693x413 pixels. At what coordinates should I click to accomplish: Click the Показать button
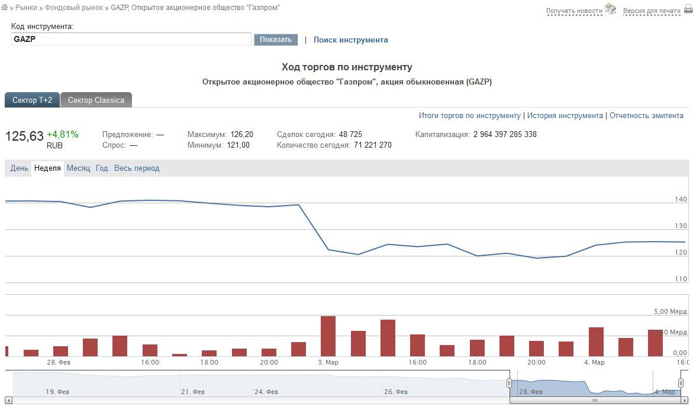[x=276, y=40]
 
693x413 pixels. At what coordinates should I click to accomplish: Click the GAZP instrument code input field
[x=131, y=40]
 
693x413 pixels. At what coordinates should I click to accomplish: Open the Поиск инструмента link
[x=350, y=40]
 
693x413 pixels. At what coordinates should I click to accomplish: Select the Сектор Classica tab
[x=96, y=100]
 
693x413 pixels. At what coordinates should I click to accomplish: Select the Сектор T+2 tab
[x=32, y=100]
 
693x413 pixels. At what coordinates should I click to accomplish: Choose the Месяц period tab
[x=78, y=168]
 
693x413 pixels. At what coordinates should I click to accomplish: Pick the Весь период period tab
[x=137, y=168]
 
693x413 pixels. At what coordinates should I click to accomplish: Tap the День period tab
[x=19, y=168]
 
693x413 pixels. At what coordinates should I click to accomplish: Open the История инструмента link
[x=565, y=116]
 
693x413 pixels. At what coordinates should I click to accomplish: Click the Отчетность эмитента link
[x=646, y=116]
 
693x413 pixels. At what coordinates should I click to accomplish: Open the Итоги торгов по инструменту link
[x=469, y=116]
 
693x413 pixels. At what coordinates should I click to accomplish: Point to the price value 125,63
[x=24, y=136]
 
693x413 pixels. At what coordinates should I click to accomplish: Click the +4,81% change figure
[x=63, y=134]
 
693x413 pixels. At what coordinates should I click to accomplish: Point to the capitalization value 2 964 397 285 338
[x=505, y=135]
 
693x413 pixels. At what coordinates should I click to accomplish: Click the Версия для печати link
[x=652, y=11]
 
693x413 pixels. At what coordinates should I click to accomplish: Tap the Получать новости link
[x=574, y=11]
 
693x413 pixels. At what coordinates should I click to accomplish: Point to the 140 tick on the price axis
[x=681, y=200]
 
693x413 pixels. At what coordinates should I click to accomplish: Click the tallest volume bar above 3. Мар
[x=328, y=336]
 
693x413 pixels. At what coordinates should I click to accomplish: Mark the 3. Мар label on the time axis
[x=328, y=362]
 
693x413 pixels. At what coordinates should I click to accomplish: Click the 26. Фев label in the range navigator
[x=396, y=392]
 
